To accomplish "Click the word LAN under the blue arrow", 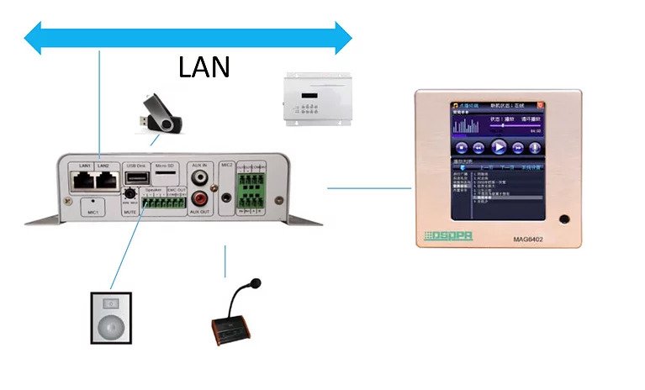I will [205, 66].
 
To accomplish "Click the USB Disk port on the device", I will [136, 178].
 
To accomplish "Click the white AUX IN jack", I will [199, 178].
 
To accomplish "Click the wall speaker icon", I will [109, 318].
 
